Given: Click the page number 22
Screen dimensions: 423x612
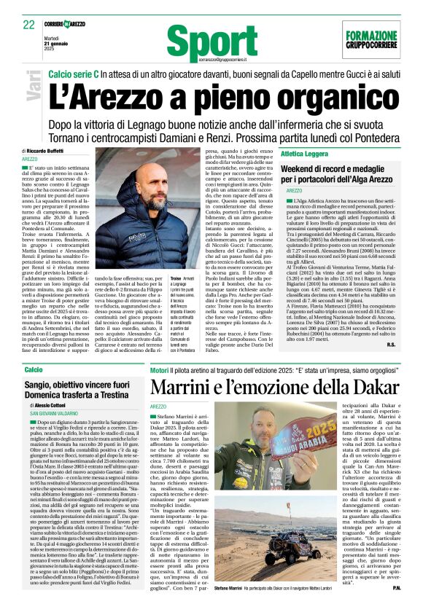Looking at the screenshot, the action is pyautogui.click(x=29, y=24).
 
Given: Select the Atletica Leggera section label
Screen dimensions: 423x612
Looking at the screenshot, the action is pyautogui.click(x=304, y=154).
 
